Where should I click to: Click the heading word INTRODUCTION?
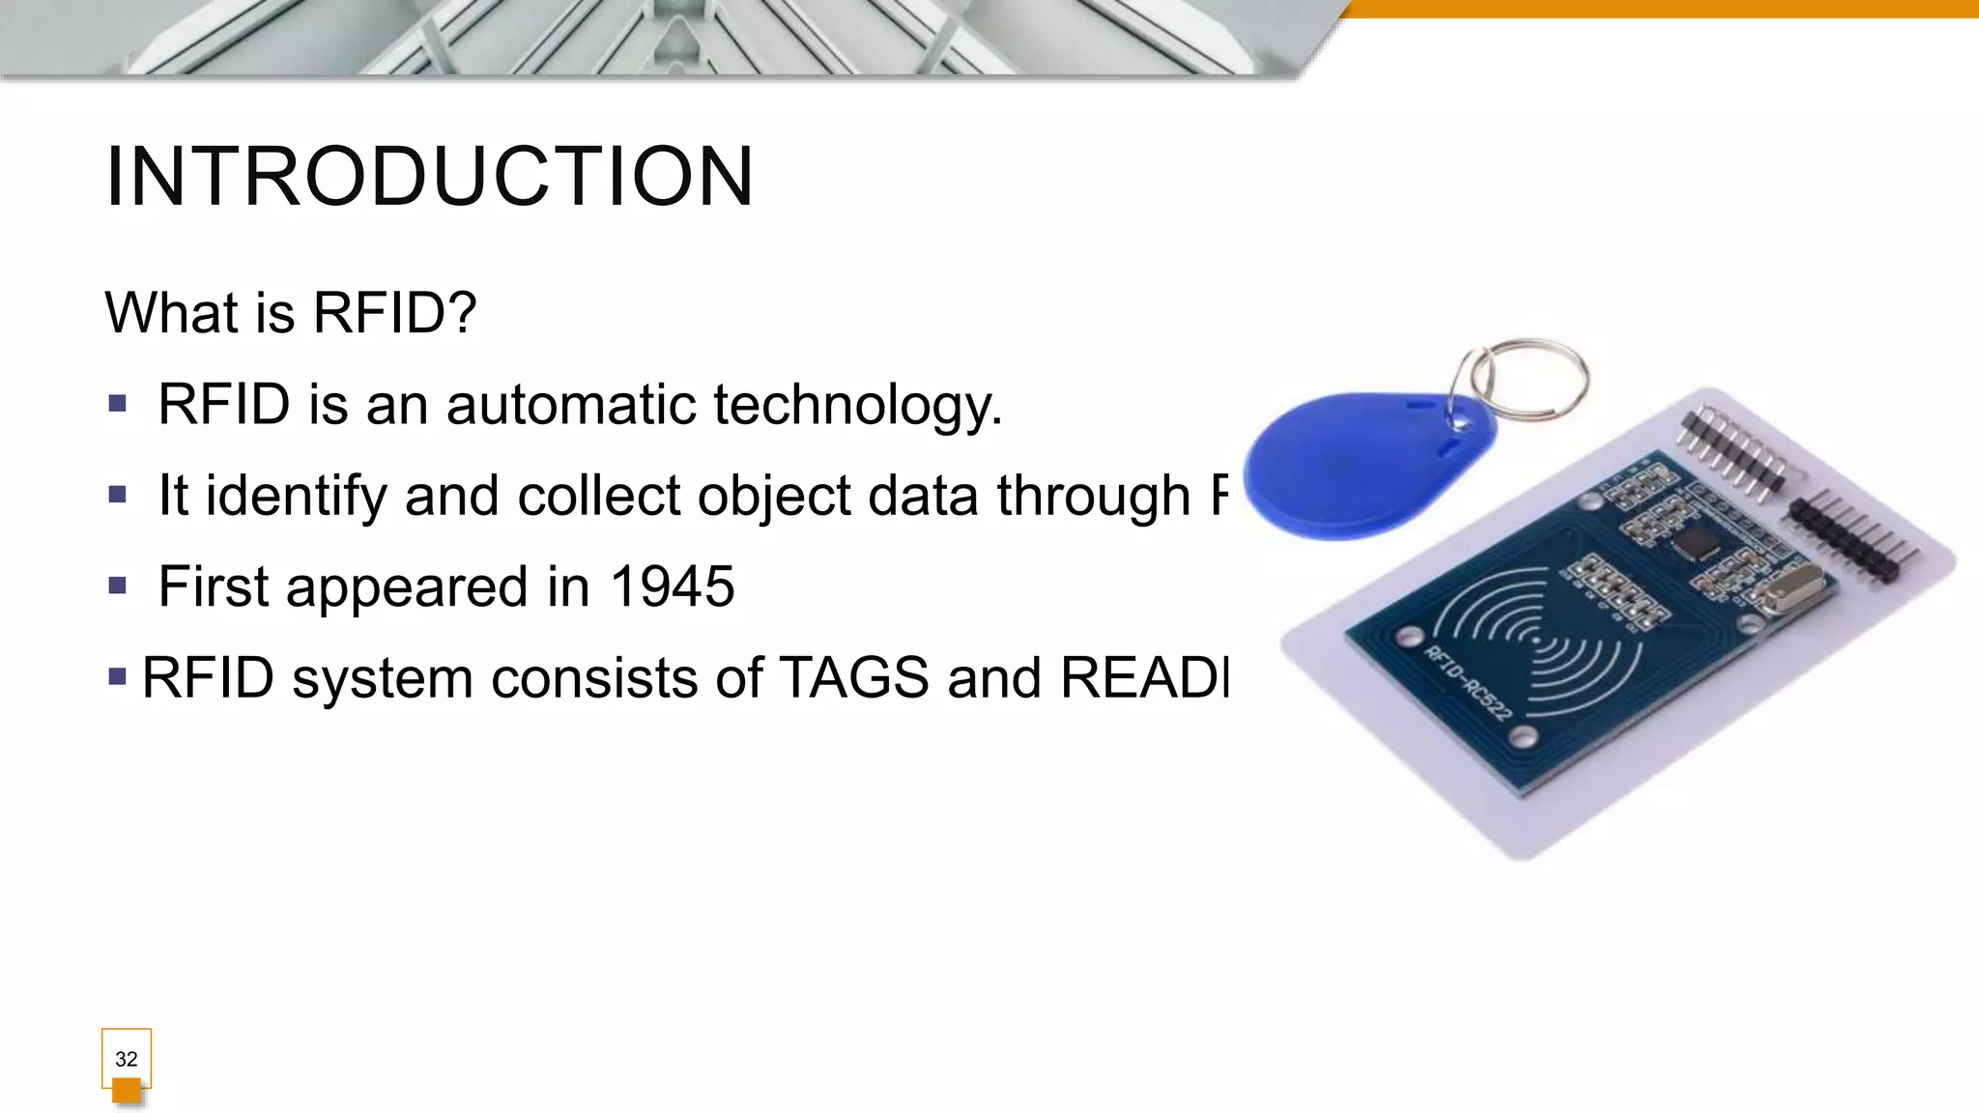point(429,177)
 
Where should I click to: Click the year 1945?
point(673,586)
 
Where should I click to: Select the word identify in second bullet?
point(296,497)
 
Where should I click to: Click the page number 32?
point(126,1059)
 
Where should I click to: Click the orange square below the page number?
point(127,1092)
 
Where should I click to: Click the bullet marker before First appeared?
point(118,585)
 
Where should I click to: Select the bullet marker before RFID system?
point(118,676)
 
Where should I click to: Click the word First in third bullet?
point(213,586)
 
